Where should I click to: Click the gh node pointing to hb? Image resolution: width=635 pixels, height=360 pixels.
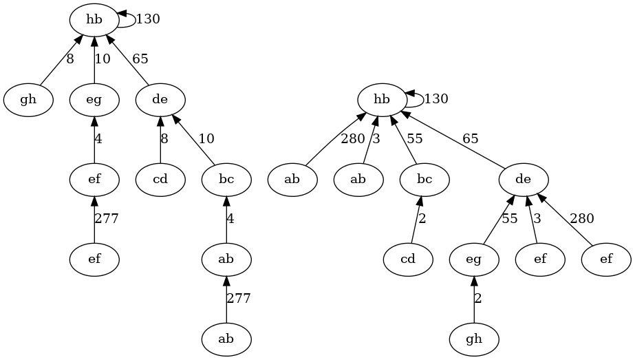pos(28,100)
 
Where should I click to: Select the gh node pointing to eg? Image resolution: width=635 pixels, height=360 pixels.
pos(474,339)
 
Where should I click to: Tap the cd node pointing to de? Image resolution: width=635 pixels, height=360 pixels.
pos(160,180)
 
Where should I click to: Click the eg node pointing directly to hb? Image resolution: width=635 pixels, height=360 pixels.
pos(94,100)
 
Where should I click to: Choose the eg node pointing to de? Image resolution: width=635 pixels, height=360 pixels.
pos(474,260)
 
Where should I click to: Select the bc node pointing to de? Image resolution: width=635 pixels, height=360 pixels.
pos(226,180)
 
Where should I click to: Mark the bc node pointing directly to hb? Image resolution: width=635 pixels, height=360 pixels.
pos(424,180)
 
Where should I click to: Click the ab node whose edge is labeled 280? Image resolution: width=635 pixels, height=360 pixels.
pos(292,180)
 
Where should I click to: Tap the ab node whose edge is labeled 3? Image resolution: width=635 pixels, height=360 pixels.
pos(358,180)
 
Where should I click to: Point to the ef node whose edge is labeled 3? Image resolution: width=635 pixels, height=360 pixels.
pos(540,260)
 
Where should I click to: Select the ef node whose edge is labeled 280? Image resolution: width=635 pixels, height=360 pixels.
pos(606,260)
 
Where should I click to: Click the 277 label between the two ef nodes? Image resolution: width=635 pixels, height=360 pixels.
pos(107,220)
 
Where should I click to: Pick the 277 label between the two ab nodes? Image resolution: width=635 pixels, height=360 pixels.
pos(239,299)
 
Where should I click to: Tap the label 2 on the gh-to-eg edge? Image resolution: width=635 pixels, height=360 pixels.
pos(479,299)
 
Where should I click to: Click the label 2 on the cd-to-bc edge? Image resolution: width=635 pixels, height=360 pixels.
pos(423,220)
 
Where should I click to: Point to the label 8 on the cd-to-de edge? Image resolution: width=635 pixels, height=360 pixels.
pos(164,139)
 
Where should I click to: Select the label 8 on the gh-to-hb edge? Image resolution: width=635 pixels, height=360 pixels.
pos(69,59)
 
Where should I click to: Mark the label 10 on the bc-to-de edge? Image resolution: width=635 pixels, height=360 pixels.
pos(206,139)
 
